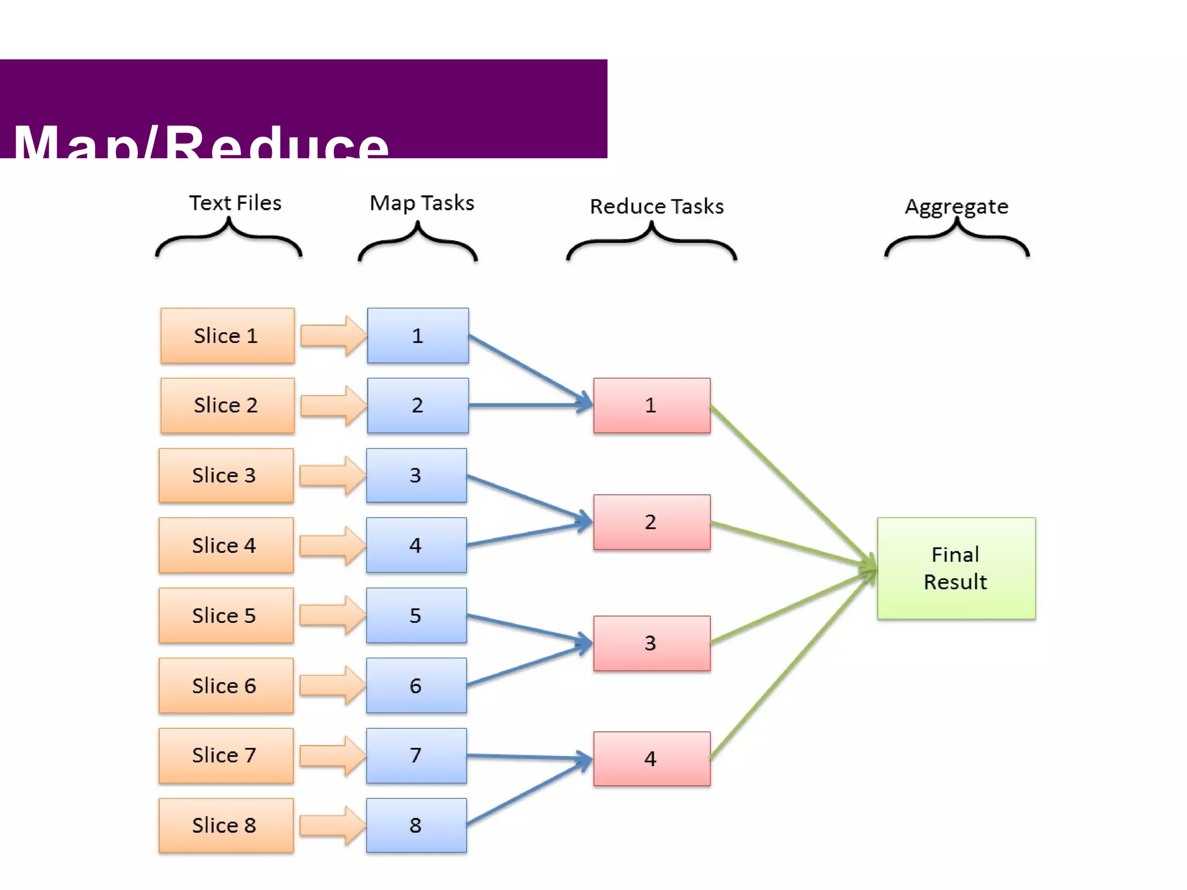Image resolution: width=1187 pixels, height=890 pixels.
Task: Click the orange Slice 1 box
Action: (227, 335)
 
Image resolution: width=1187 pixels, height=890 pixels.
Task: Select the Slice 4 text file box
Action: (226, 545)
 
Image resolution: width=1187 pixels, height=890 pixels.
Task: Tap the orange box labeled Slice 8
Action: (226, 825)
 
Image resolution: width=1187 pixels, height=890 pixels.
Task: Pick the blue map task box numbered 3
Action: (416, 475)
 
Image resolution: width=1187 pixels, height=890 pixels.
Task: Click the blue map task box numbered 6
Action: (416, 685)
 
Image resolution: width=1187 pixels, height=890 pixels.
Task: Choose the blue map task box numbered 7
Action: (416, 756)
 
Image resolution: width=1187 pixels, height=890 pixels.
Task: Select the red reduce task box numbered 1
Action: (651, 405)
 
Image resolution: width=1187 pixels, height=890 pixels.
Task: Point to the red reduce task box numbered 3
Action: (651, 643)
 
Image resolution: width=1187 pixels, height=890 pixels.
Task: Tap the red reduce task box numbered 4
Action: (651, 758)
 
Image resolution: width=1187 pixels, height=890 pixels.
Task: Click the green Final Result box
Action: (956, 568)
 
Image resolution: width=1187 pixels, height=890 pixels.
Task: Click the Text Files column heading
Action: (235, 203)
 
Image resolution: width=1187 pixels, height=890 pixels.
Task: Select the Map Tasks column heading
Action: (422, 203)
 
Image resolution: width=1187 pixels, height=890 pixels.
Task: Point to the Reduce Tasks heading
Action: (657, 206)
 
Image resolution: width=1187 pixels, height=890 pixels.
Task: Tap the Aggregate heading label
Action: (956, 206)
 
